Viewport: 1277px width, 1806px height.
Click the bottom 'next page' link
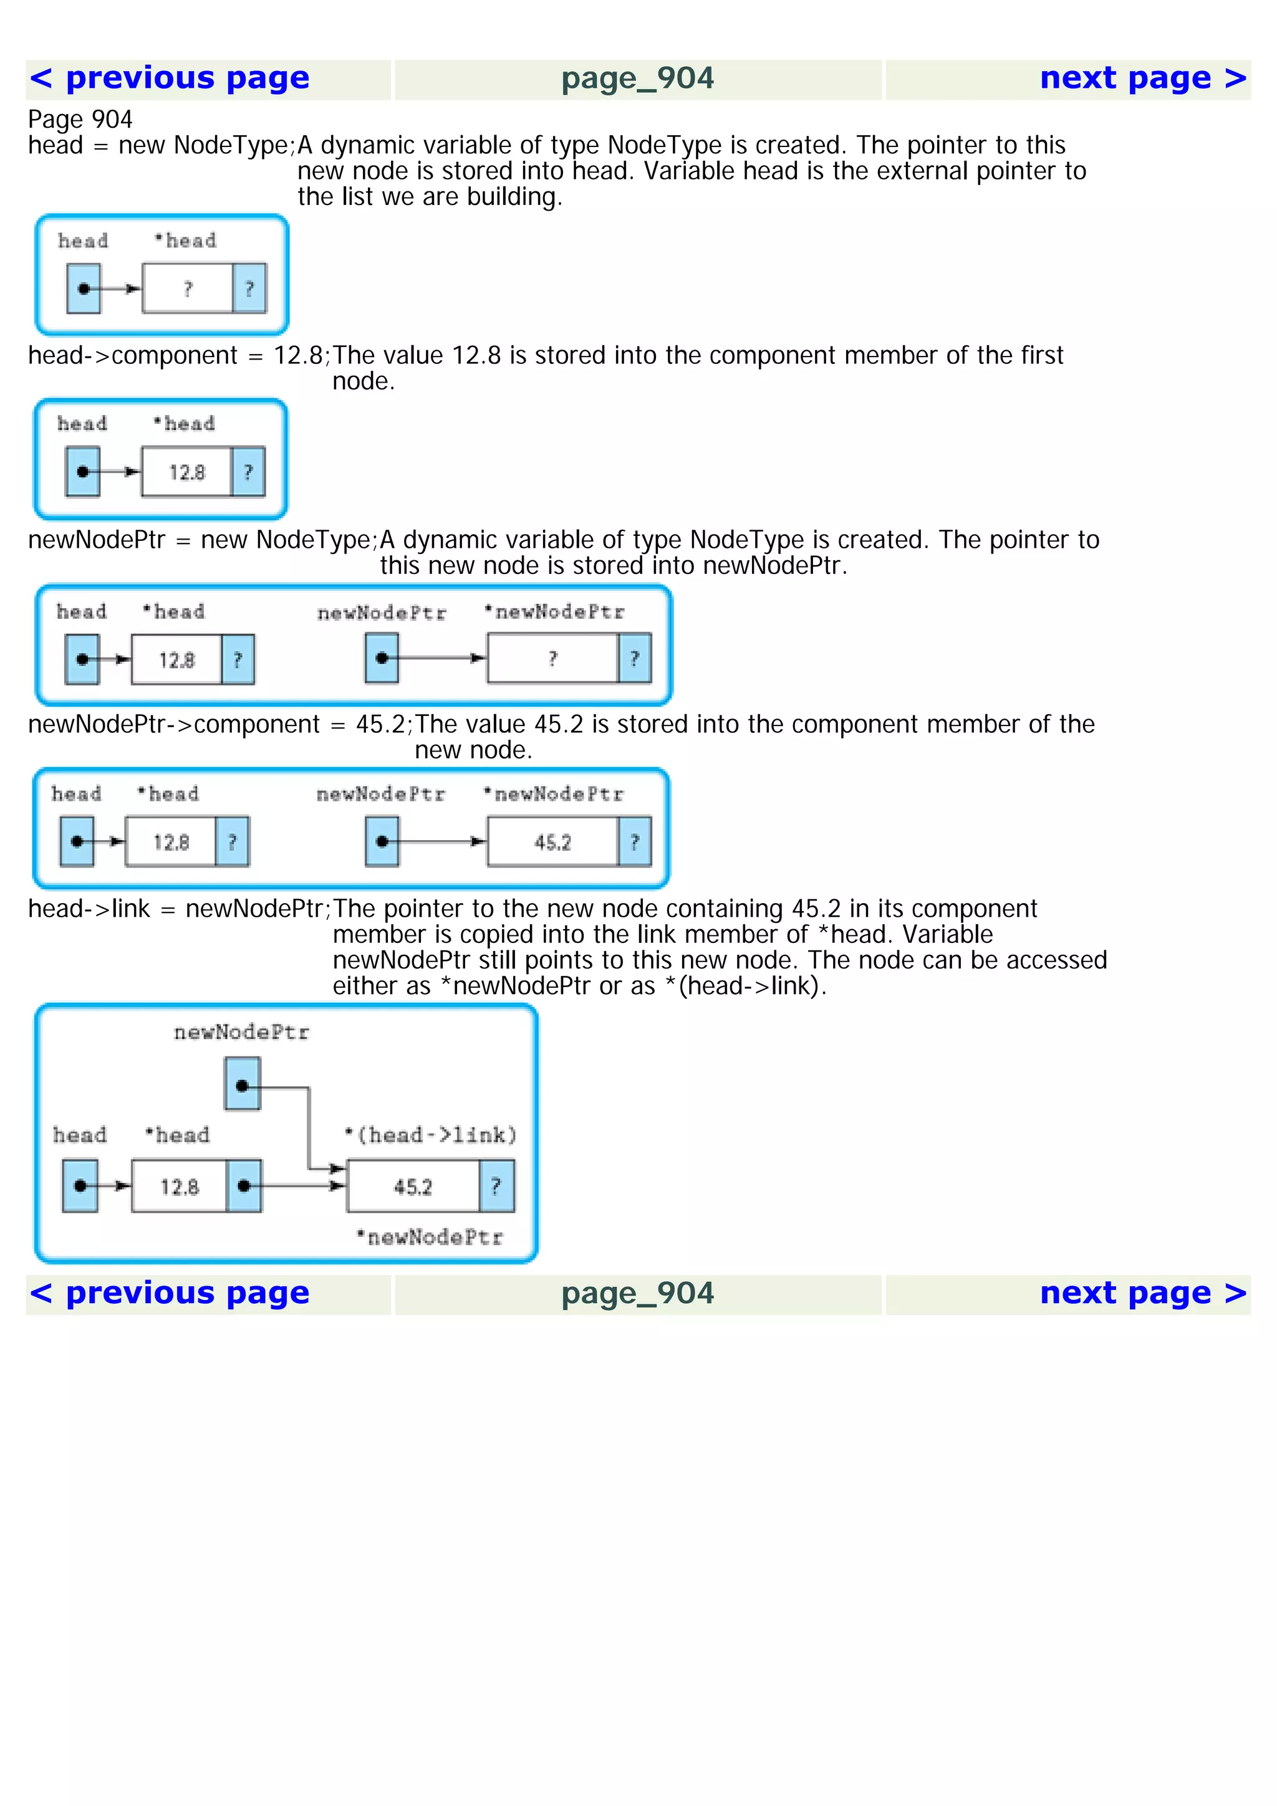point(1142,1293)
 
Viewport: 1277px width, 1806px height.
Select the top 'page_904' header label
point(637,79)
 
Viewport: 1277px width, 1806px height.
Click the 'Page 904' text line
point(80,120)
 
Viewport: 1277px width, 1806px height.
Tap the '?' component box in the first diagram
point(188,289)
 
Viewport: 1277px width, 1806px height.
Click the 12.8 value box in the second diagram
point(186,472)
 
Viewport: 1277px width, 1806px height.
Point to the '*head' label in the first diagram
point(186,241)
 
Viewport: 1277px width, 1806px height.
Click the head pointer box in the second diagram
point(82,472)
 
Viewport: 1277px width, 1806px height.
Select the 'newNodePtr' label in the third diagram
point(382,613)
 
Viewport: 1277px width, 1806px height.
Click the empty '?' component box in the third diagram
point(552,658)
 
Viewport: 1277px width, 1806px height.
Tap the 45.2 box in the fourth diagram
point(552,843)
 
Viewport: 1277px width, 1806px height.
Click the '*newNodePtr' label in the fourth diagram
point(554,795)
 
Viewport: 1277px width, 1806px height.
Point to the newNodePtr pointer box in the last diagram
point(243,1084)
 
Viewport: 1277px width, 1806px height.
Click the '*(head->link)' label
point(431,1135)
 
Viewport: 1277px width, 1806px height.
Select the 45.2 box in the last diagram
point(413,1186)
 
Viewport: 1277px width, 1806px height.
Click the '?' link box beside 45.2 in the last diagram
point(496,1186)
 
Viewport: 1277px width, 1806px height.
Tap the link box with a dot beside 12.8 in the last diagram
point(244,1186)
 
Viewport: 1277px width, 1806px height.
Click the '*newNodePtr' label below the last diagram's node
point(430,1237)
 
